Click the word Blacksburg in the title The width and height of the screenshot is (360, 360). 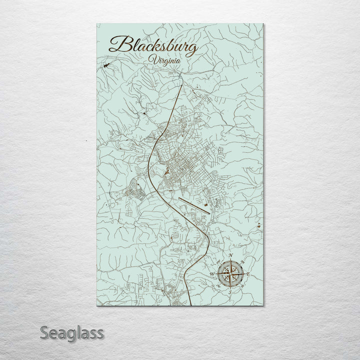click(x=154, y=46)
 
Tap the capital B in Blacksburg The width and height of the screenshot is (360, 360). click(x=119, y=45)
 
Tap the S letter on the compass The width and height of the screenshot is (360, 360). click(x=230, y=292)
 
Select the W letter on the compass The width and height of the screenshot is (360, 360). click(x=212, y=274)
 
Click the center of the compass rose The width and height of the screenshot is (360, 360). click(x=230, y=274)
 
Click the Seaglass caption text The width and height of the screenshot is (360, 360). click(x=72, y=332)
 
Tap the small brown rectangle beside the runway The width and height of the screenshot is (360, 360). click(x=204, y=203)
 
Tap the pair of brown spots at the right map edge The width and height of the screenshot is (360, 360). click(x=259, y=225)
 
